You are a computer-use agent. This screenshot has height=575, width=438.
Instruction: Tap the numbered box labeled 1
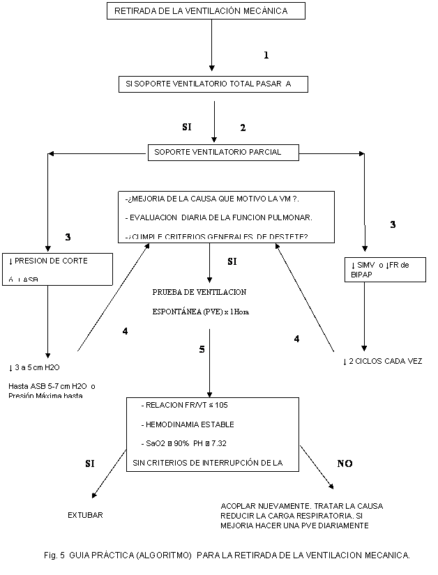(264, 55)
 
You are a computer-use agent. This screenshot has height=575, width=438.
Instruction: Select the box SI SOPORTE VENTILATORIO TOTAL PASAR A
(213, 84)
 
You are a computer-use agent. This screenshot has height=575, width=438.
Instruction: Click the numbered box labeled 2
(242, 128)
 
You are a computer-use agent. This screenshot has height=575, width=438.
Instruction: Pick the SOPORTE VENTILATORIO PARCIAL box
(223, 152)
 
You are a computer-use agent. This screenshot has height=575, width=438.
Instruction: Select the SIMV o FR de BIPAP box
(384, 270)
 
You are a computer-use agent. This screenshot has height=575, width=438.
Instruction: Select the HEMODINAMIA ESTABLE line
(188, 424)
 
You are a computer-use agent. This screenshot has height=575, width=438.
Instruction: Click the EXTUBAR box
(86, 516)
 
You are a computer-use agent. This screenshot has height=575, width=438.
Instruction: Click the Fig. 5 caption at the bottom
(226, 555)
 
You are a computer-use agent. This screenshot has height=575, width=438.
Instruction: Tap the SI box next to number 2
(190, 127)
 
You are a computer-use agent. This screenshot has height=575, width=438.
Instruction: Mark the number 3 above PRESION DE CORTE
(68, 238)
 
